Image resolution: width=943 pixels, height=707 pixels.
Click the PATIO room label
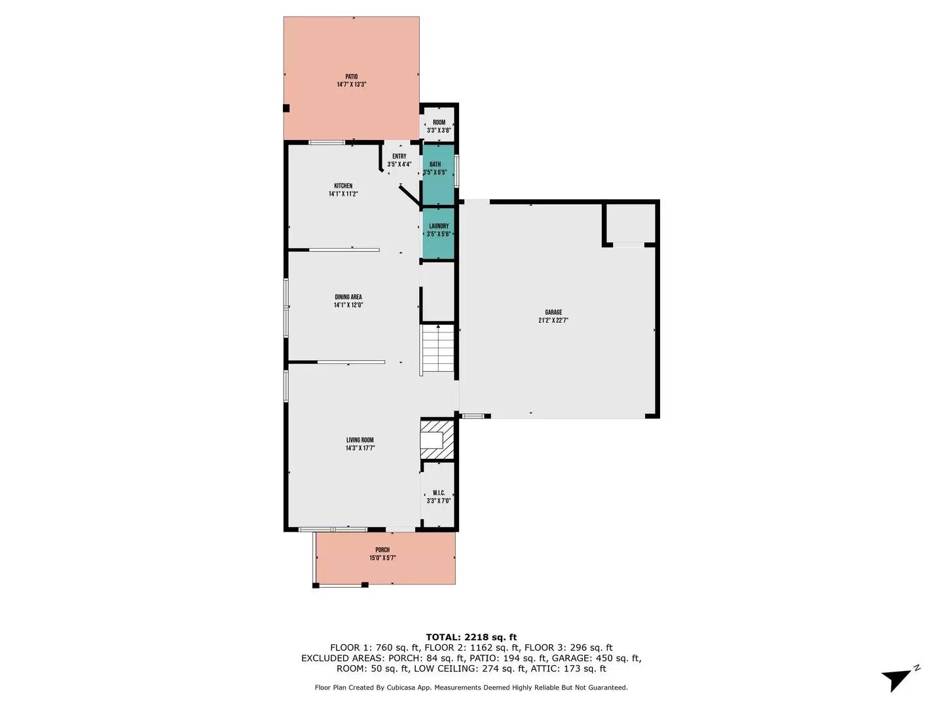pyautogui.click(x=351, y=77)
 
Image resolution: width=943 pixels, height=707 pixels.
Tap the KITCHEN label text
pyautogui.click(x=343, y=186)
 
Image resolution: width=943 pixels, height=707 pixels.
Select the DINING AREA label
pyautogui.click(x=348, y=297)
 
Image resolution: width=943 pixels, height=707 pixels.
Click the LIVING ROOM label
pyautogui.click(x=360, y=441)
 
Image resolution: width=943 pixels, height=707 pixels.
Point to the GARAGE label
pyautogui.click(x=553, y=312)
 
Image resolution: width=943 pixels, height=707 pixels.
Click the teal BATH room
pyautogui.click(x=437, y=175)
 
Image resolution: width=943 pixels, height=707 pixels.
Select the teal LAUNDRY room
pyautogui.click(x=438, y=233)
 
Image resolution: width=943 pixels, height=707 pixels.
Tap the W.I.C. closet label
pyautogui.click(x=438, y=493)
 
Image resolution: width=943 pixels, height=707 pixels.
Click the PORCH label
pyautogui.click(x=382, y=550)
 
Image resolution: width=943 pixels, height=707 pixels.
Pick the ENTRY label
pyautogui.click(x=399, y=156)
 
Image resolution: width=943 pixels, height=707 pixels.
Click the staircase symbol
pyautogui.click(x=437, y=350)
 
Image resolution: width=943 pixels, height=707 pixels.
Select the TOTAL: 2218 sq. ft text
pyautogui.click(x=471, y=637)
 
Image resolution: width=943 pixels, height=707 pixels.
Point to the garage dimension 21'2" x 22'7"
pyautogui.click(x=553, y=321)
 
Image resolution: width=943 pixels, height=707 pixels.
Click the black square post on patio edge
pyautogui.click(x=286, y=108)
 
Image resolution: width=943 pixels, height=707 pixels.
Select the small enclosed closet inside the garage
pyautogui.click(x=629, y=224)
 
